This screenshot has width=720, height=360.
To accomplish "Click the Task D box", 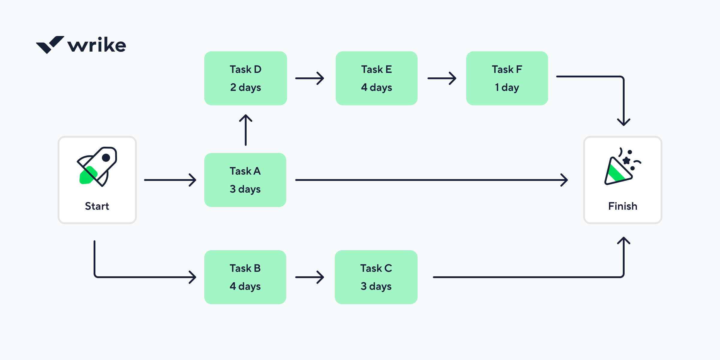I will pos(245,78).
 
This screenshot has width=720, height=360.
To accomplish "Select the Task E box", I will pos(376,78).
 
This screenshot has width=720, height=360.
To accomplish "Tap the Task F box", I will pos(507,78).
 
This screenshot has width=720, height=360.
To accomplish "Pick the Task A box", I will pos(245,180).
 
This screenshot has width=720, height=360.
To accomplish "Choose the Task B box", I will pos(245,277).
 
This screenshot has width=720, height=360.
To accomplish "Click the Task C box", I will pos(376,277).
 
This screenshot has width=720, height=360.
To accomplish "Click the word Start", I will pos(97,206).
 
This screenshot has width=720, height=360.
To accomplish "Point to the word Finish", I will pos(622,206).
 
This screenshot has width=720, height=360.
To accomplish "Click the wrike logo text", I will pos(97,45).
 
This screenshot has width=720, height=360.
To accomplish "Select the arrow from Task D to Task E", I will pos(310,78).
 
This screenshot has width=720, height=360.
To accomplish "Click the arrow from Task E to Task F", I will pos(442,78).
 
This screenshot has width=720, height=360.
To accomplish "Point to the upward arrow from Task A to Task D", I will pos(245,130).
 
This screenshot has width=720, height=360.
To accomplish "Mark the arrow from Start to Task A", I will pos(170,180).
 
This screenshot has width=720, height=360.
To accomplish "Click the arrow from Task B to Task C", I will pos(310,277).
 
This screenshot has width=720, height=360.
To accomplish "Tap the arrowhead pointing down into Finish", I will pos(623,122).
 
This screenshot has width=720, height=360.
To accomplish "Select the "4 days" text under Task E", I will pos(376,87).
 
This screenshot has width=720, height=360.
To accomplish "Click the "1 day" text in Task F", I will pos(507,87).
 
